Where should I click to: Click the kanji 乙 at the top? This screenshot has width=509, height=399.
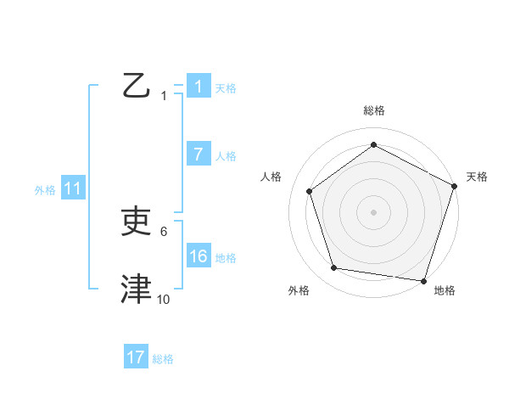tap(136, 87)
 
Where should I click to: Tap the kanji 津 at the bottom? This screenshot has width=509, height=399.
tap(137, 289)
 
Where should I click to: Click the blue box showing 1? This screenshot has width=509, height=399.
tap(198, 87)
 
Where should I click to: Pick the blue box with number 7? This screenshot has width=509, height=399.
tap(198, 155)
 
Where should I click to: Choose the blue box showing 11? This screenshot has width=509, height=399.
tap(72, 188)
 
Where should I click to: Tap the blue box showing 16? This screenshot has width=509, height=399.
tap(198, 256)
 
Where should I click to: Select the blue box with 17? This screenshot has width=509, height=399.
tap(136, 357)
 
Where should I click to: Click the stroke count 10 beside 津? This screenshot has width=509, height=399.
tap(164, 299)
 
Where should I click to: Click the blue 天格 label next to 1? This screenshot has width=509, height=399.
tap(226, 88)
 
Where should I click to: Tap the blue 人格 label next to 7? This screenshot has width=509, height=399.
tap(226, 156)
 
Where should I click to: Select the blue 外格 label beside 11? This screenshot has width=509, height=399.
tap(45, 190)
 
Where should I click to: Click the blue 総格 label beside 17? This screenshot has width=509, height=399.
tap(163, 359)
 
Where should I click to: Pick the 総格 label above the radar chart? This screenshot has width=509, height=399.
tap(373, 110)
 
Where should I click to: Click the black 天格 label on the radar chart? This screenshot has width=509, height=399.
tap(478, 177)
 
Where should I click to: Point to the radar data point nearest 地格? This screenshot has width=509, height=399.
tap(423, 280)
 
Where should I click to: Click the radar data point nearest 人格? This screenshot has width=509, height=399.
tap(310, 191)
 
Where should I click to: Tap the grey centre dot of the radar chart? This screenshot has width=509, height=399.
tap(373, 211)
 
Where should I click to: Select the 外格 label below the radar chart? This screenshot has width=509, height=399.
tap(299, 290)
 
